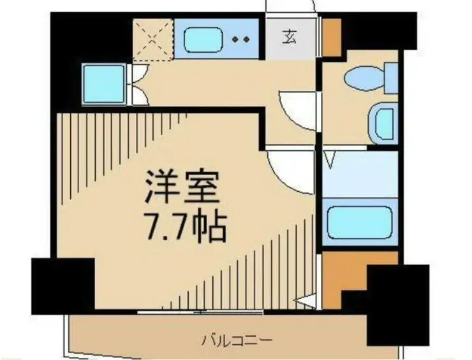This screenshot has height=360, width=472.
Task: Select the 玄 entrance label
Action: pyautogui.click(x=290, y=37)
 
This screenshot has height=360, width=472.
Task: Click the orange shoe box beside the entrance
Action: pyautogui.click(x=330, y=37)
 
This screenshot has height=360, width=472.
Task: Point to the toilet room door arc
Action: pyautogui.click(x=299, y=110)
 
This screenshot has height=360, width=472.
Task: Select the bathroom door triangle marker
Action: pyautogui.click(x=330, y=159)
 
